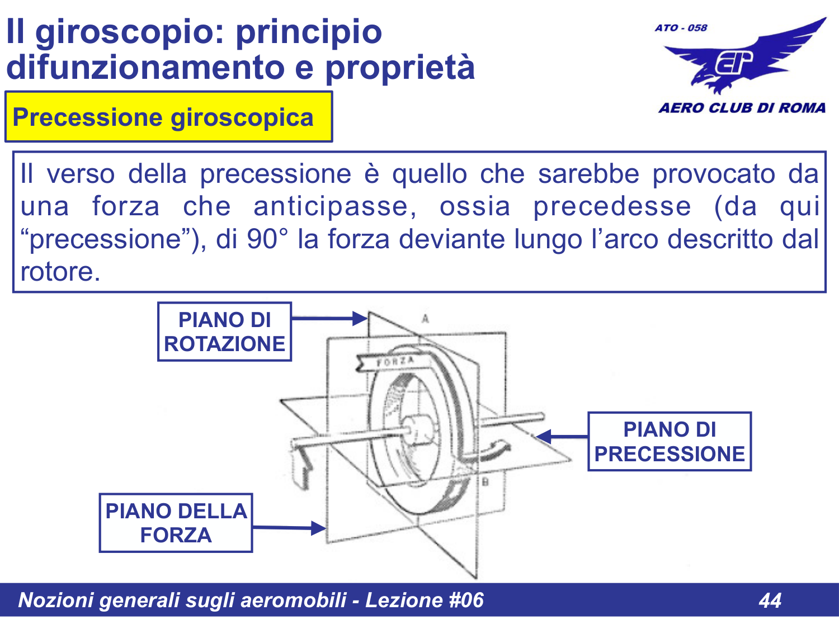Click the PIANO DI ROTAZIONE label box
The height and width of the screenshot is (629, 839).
click(224, 332)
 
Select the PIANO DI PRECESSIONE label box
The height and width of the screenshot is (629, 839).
click(669, 442)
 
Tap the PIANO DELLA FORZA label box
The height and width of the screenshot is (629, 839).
click(176, 523)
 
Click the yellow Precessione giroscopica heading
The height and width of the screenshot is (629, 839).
click(168, 117)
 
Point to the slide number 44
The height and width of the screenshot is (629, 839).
click(770, 600)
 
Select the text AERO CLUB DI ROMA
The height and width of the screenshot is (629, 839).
click(742, 108)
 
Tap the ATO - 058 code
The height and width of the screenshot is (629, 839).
click(681, 27)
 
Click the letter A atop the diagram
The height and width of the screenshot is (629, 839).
click(426, 319)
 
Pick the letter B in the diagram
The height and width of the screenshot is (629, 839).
click(486, 481)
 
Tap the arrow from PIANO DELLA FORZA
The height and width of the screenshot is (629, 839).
click(289, 527)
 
